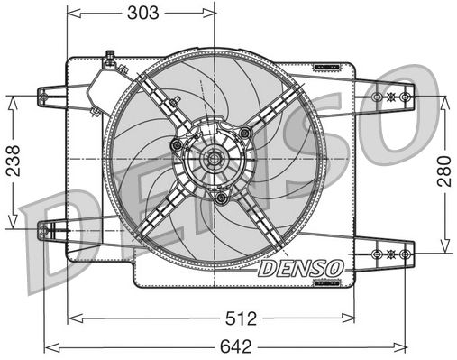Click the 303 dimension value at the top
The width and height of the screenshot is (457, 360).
click(x=142, y=12)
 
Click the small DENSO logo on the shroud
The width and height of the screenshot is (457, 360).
click(x=299, y=268)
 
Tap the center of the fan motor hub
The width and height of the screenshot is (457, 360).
click(x=214, y=161)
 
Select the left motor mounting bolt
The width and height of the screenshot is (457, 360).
click(x=178, y=145)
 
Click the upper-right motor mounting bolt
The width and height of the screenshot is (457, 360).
click(x=244, y=134)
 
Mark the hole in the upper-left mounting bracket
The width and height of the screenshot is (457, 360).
click(x=44, y=94)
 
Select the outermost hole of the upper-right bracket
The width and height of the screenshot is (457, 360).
click(x=405, y=95)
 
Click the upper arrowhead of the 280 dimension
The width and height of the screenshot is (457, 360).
click(x=443, y=100)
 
